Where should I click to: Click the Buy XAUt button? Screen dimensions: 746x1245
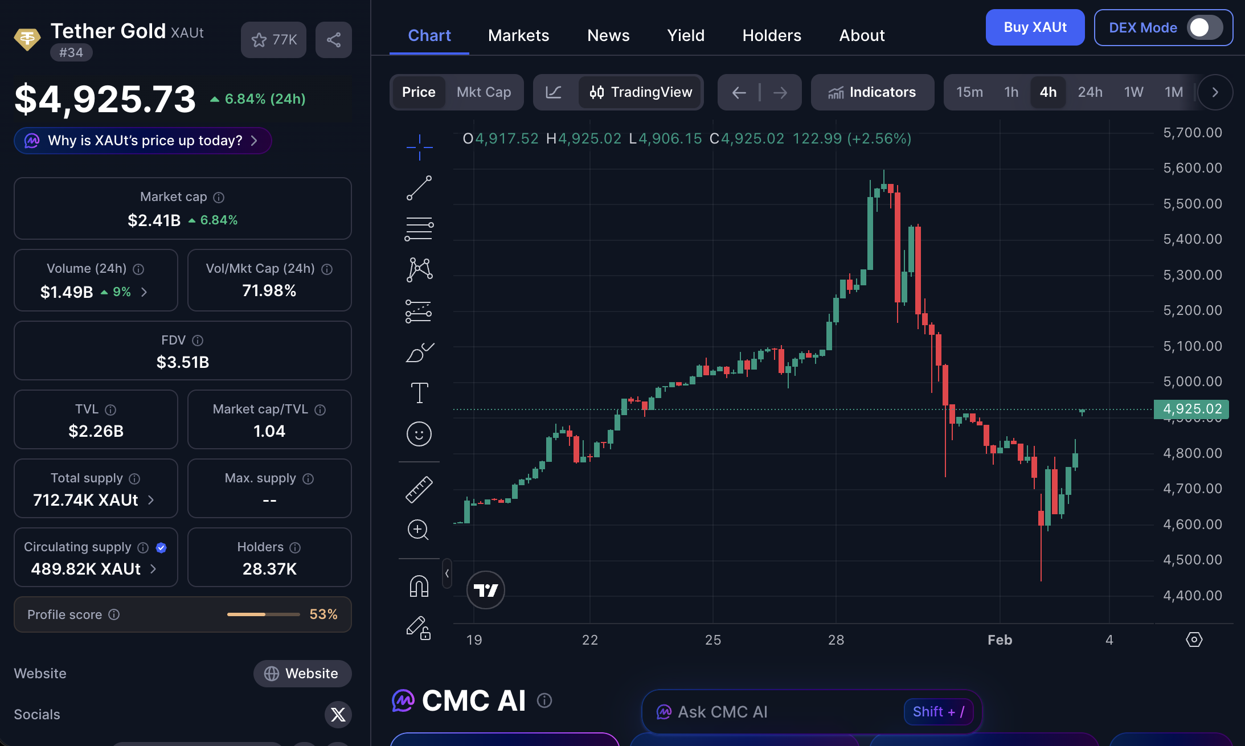coord(1035,27)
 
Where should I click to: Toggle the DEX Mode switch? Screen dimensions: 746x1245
coord(1204,27)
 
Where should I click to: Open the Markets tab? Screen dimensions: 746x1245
coord(518,35)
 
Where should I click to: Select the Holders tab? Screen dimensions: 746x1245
coord(772,35)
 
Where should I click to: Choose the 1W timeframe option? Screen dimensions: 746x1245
coord(1133,92)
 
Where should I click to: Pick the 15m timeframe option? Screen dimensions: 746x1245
coord(969,92)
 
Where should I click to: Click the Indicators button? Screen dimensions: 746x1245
coord(872,92)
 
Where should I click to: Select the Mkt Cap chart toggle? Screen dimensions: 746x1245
coord(484,92)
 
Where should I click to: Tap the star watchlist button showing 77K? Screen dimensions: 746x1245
coord(274,40)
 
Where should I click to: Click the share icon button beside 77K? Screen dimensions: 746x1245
coord(334,40)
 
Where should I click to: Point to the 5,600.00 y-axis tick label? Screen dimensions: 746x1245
coord(1193,168)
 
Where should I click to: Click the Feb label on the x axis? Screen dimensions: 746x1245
coord(1000,640)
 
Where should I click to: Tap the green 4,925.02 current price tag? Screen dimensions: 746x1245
coord(1191,409)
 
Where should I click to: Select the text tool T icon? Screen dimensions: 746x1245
coord(419,393)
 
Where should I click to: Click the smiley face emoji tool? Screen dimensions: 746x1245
coord(419,434)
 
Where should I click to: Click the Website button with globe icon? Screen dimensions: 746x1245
coord(302,674)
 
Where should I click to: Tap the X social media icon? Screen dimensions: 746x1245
coord(338,715)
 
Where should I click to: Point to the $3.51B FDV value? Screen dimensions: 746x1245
coord(183,362)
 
